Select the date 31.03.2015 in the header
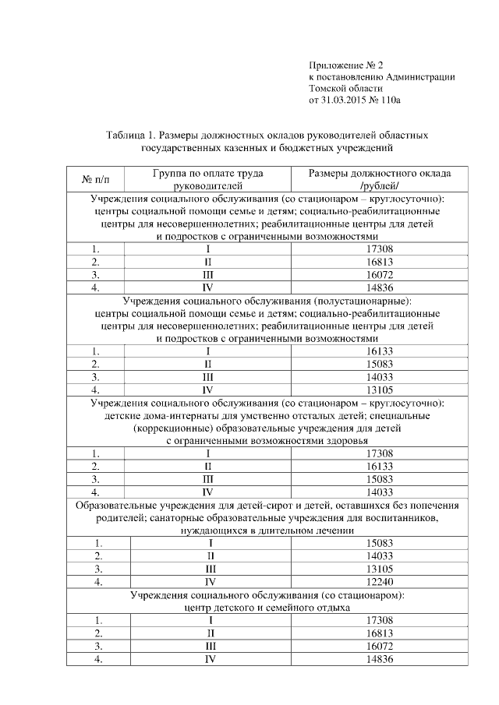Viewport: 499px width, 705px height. [x=345, y=100]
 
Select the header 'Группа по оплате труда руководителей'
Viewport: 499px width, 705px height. [x=207, y=179]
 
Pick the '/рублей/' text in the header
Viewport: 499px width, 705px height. [x=379, y=186]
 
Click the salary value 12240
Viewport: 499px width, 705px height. [x=379, y=580]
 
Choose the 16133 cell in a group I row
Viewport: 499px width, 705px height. [x=379, y=351]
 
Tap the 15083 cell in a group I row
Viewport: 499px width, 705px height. [x=379, y=542]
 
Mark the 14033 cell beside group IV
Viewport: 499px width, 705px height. [x=379, y=492]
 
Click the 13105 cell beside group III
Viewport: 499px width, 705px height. [x=379, y=568]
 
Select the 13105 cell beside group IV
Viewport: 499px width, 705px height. [x=379, y=390]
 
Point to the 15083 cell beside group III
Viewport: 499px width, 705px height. [x=379, y=478]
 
